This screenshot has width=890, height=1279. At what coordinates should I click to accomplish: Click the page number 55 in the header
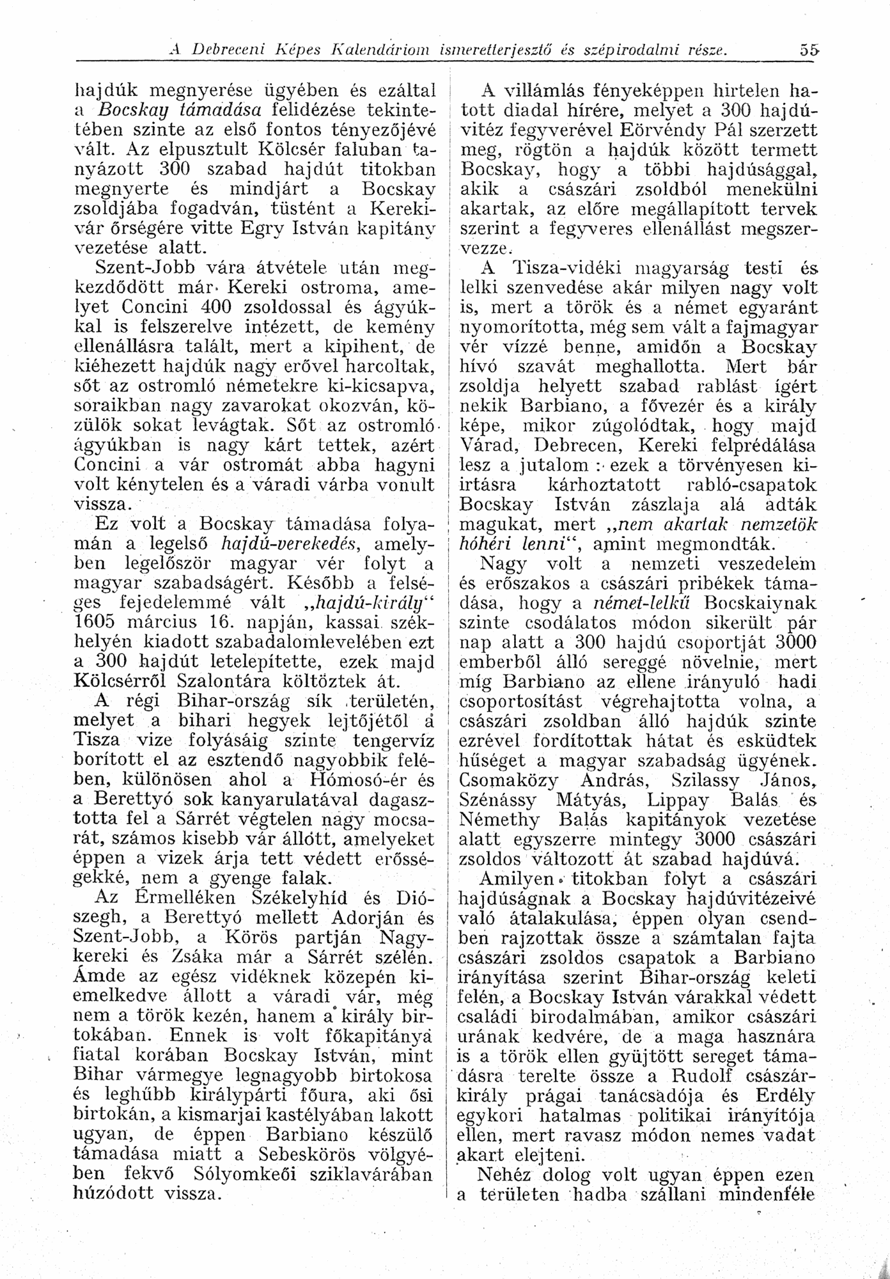(x=809, y=50)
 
